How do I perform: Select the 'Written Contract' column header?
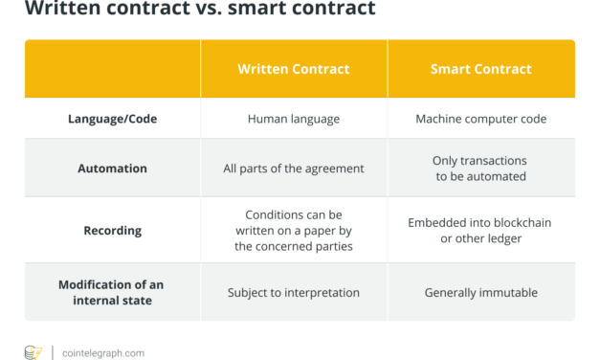click(294, 69)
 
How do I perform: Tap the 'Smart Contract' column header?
click(481, 69)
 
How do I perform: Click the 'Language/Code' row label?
click(112, 119)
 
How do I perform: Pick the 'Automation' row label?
click(112, 169)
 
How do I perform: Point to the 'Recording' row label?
click(112, 231)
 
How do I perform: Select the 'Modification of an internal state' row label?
click(112, 292)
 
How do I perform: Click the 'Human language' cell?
click(294, 119)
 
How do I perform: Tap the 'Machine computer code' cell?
click(481, 119)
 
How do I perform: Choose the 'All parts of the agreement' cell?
click(294, 169)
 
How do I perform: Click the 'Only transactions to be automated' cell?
click(481, 169)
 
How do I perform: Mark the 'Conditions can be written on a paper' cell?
click(294, 231)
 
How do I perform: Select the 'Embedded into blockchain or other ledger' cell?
click(481, 231)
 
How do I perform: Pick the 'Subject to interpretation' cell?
click(294, 292)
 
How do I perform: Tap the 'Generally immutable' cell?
click(481, 292)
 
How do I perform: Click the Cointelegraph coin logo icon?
click(33, 352)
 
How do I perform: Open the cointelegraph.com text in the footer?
click(103, 353)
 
